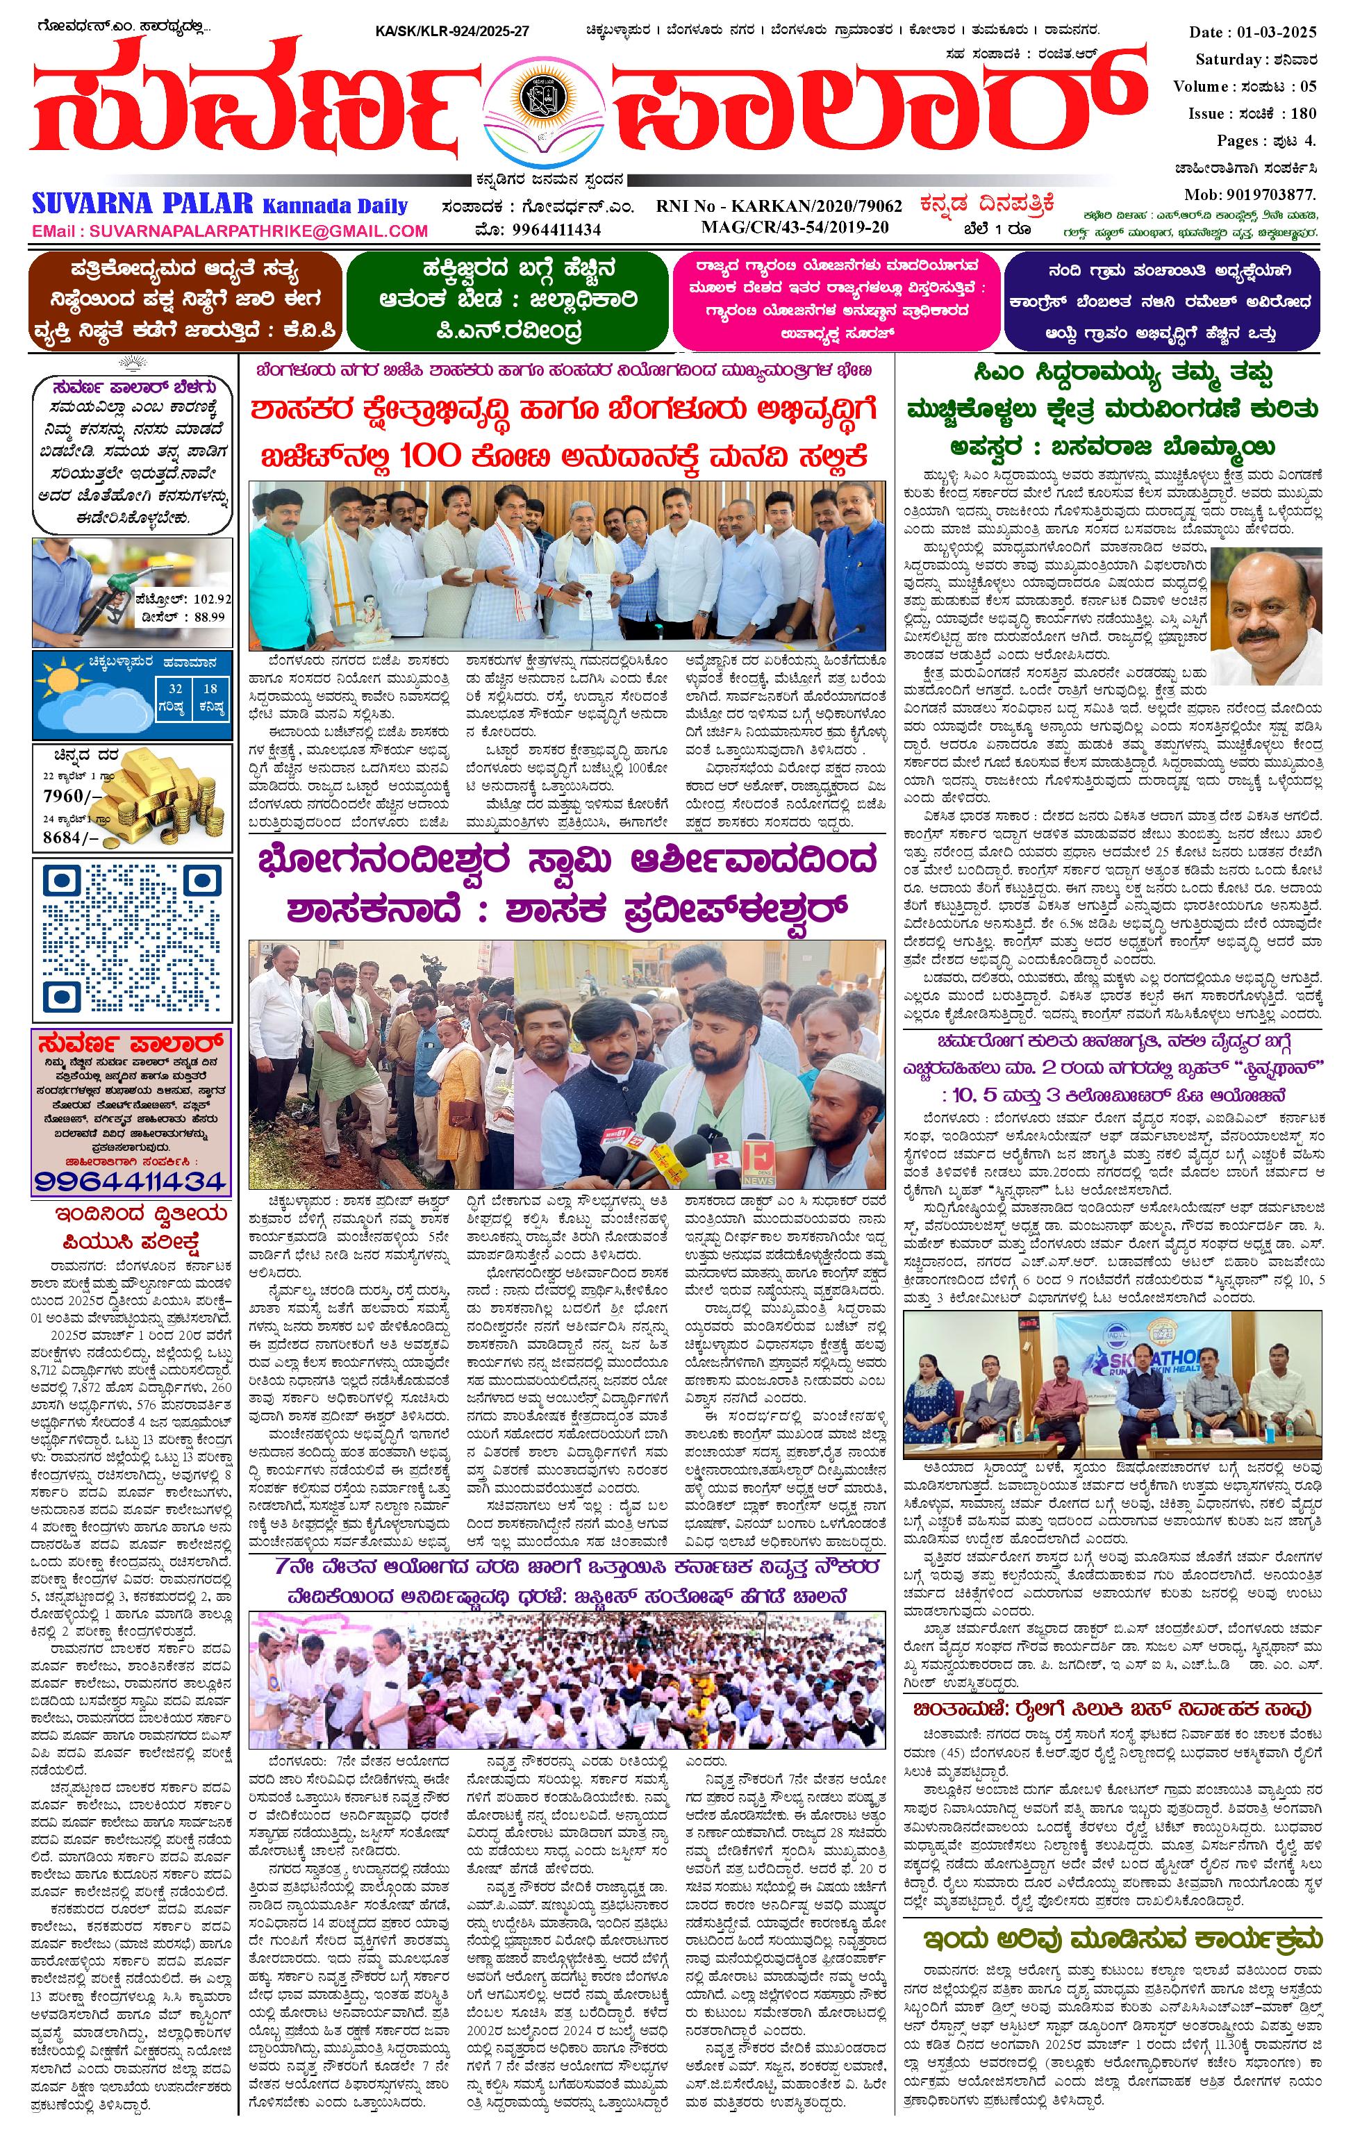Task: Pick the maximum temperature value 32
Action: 176,688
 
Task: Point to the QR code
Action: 131,938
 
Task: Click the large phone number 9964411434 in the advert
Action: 131,1180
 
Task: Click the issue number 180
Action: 1304,113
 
